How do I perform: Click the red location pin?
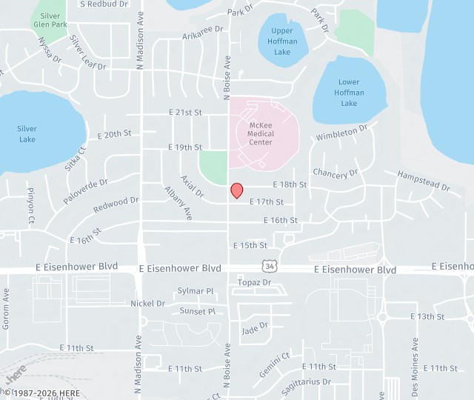pos(237,190)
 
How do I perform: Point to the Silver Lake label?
pos(27,134)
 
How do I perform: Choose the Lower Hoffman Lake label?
pos(349,93)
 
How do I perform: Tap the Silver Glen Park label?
pos(50,20)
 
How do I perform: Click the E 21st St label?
pos(185,113)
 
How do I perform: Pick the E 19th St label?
pos(185,147)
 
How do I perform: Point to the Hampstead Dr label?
pos(424,181)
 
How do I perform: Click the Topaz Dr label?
pos(254,283)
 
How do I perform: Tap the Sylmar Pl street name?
pos(196,291)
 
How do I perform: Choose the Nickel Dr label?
pos(148,304)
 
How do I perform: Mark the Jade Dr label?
pos(254,327)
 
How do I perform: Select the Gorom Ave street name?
pos(6,309)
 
